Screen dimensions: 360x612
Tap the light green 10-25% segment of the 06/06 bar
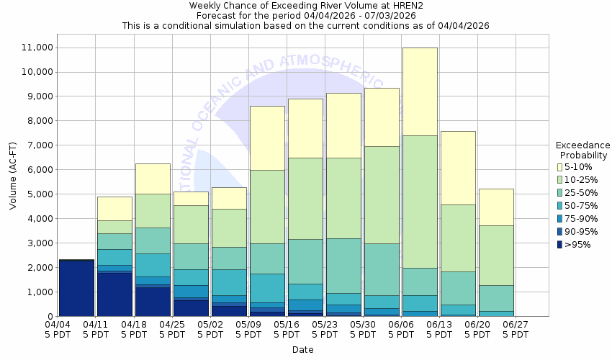[420, 202]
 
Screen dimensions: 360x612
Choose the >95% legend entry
[576, 245]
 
